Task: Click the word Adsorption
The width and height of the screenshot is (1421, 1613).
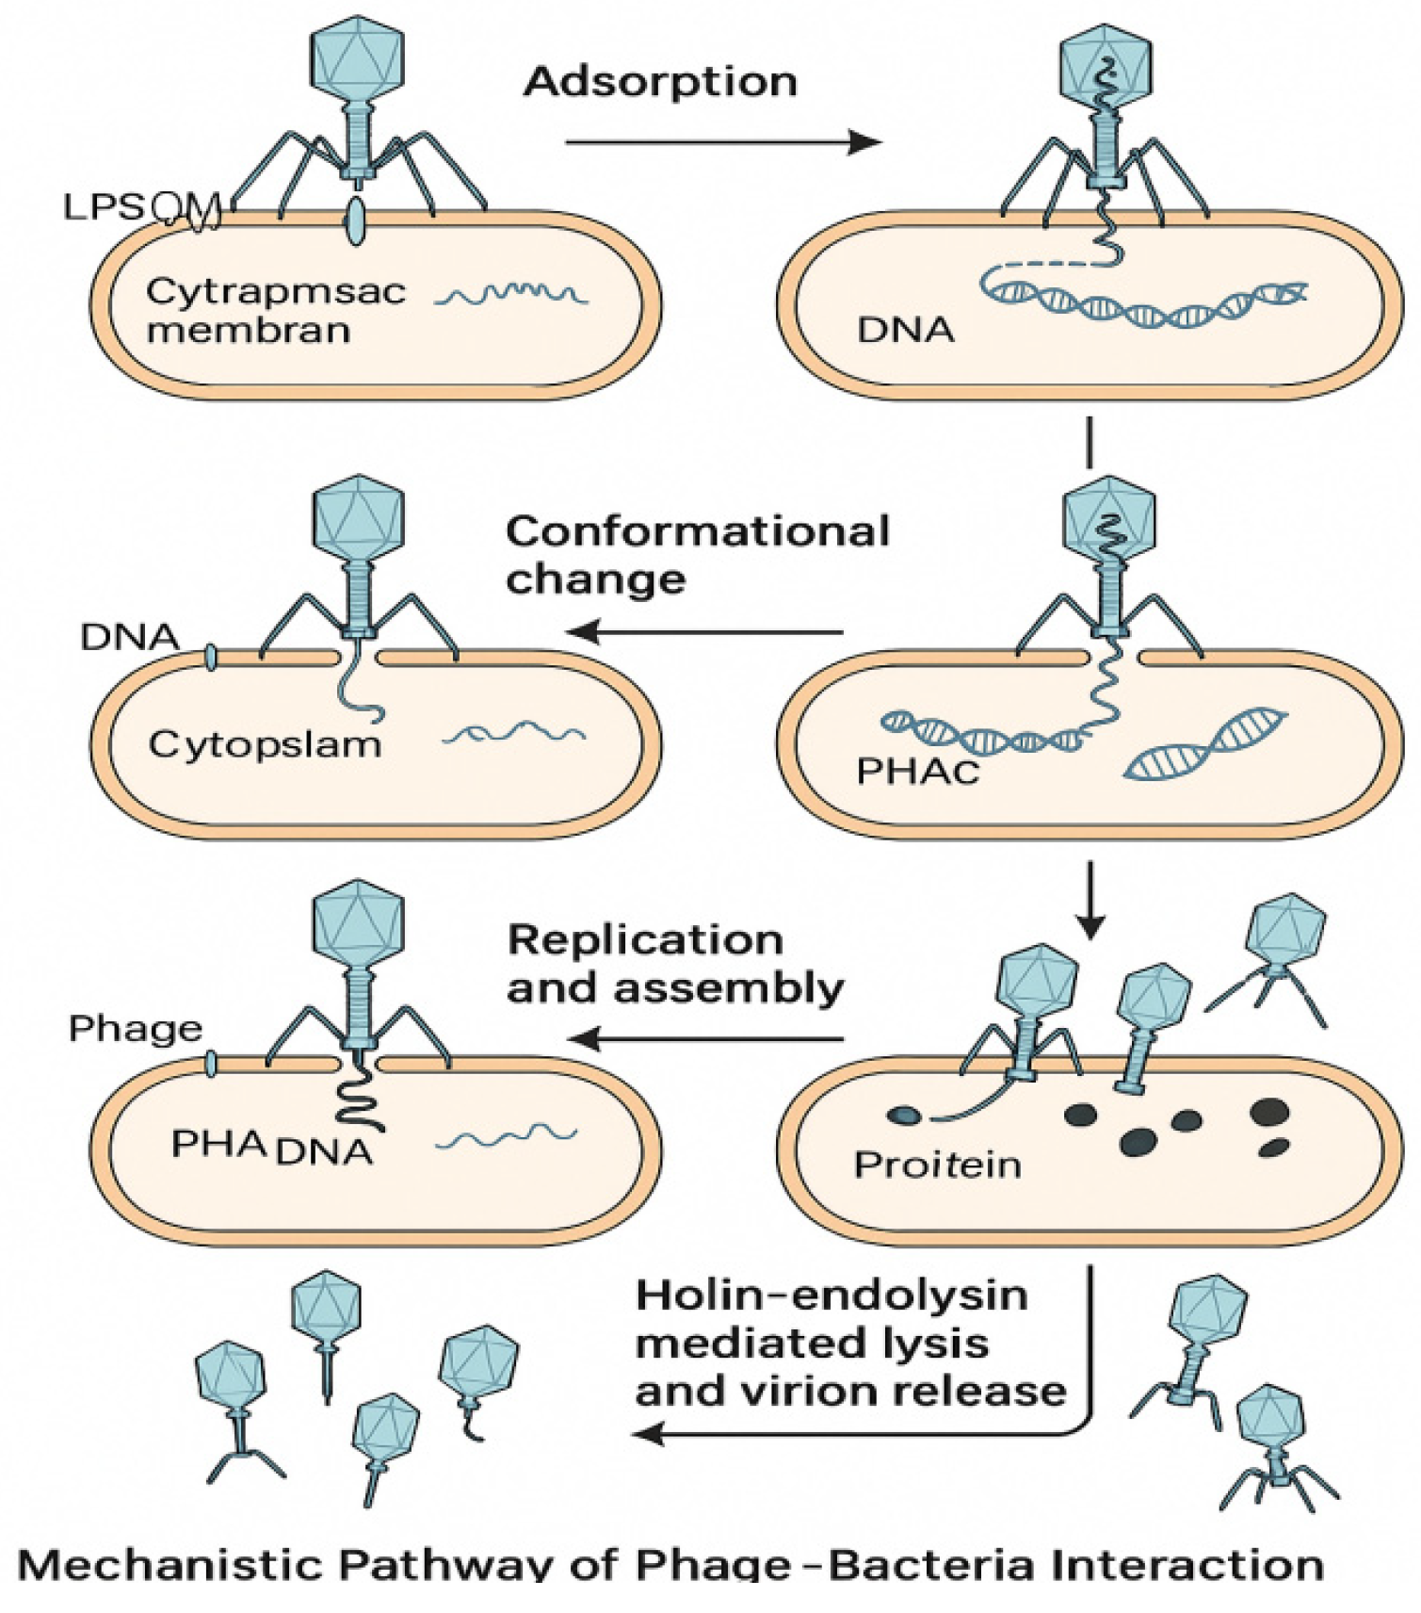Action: [x=661, y=82]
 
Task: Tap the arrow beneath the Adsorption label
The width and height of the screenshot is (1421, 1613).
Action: [x=722, y=142]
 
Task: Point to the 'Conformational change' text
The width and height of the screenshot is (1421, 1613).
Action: [x=697, y=555]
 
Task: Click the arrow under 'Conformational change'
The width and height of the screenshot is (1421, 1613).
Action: [x=706, y=632]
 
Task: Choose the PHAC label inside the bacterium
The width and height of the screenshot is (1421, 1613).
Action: [x=917, y=772]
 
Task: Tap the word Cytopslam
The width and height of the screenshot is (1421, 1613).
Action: [x=265, y=745]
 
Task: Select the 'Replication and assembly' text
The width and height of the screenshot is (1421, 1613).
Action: [x=674, y=964]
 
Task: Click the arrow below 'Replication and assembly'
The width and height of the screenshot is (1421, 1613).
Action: [x=706, y=1039]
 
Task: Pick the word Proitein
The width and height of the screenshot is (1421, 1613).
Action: [x=937, y=1165]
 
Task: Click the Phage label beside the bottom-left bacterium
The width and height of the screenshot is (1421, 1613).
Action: [x=136, y=1029]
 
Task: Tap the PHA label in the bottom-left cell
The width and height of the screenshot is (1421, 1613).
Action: [x=218, y=1144]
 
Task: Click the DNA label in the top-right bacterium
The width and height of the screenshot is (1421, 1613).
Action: [x=905, y=331]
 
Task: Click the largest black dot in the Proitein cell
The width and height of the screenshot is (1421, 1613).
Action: [x=1269, y=1112]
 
